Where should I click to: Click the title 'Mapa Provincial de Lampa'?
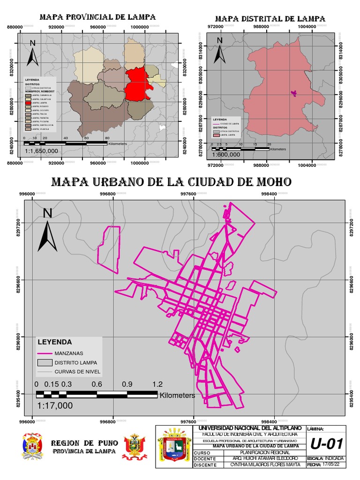tap(97, 17)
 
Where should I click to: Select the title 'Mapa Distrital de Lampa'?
tap(270, 18)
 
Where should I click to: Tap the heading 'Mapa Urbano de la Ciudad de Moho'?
tap(171, 182)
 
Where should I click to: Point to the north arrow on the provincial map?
tap(32, 53)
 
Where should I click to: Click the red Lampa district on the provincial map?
tap(137, 83)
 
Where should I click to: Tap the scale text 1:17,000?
tap(55, 405)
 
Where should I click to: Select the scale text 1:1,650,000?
tap(41, 151)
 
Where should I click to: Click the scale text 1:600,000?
tap(226, 154)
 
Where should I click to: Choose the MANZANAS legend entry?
tap(69, 353)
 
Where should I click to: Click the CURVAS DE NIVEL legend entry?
tap(77, 372)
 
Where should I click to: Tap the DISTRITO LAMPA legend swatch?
tap(45, 362)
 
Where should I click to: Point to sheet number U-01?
tap(327, 443)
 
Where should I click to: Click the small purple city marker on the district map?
tap(294, 93)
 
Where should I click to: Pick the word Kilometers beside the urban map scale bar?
tap(177, 396)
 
